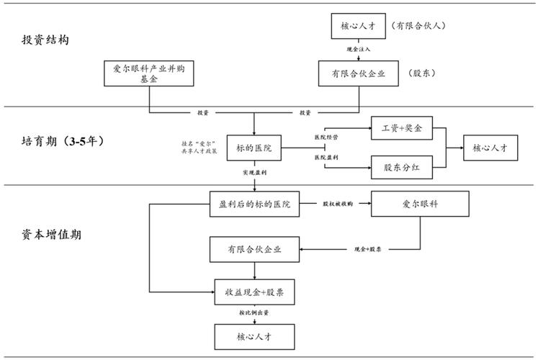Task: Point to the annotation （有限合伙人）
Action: coord(420,26)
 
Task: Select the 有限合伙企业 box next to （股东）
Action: coord(359,73)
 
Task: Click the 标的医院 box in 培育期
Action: coord(254,148)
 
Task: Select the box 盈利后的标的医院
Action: coord(254,204)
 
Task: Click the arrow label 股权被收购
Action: coord(338,204)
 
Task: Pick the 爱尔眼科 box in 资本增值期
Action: coord(420,204)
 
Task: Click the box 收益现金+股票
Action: coord(254,293)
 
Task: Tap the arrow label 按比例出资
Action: coord(254,314)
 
